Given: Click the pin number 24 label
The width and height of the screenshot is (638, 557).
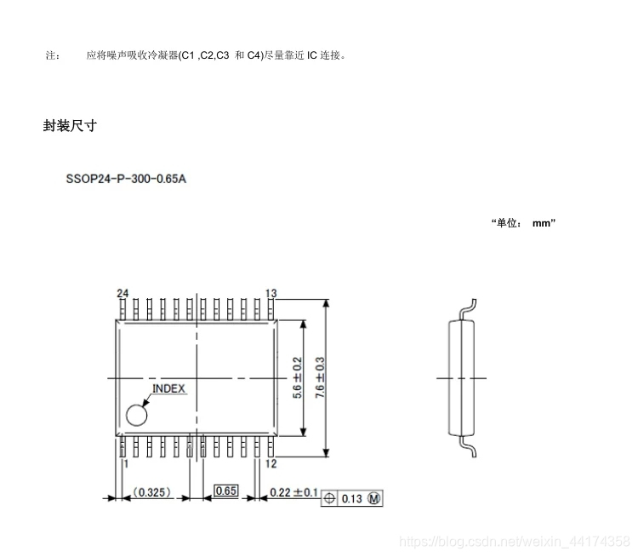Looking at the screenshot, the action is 122,293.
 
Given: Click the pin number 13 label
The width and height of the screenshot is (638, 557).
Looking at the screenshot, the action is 271,293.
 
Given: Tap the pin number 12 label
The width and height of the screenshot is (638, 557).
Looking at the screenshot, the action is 271,463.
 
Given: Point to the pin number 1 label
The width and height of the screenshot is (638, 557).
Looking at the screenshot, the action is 126,463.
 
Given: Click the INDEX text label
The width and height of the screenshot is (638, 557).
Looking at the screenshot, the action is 168,388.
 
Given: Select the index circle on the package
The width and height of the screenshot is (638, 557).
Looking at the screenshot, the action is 136,415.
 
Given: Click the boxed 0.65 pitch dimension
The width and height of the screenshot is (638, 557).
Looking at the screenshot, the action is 225,491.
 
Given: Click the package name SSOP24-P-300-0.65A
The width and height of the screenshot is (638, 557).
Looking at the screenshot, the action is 125,181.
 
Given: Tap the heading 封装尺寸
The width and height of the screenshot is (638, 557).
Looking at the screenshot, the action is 70,125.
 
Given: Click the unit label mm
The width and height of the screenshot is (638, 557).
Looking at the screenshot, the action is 543,223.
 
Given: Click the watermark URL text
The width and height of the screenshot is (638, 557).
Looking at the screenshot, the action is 515,540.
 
